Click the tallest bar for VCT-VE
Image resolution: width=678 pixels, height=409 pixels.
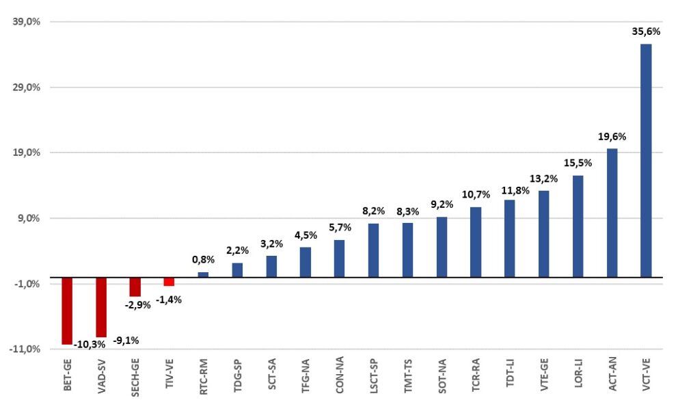[646, 161]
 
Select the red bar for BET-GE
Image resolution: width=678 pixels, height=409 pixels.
[67, 311]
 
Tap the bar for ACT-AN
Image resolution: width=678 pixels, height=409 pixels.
[612, 213]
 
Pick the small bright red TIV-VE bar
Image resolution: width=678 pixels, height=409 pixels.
[169, 282]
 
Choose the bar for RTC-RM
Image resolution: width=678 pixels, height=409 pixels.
[203, 275]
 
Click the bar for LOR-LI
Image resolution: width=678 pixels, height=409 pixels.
[578, 226]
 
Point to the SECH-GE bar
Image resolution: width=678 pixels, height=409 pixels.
[135, 287]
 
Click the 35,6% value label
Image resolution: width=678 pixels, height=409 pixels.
[646, 31]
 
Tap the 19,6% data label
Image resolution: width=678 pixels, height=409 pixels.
[612, 136]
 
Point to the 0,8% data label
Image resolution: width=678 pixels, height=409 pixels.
[203, 259]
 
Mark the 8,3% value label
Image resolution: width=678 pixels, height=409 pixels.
[407, 211]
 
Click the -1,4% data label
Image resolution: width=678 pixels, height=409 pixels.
[169, 300]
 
